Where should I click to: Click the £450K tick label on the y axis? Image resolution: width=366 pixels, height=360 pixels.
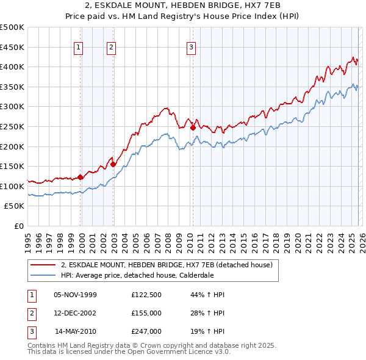[x=12, y=47]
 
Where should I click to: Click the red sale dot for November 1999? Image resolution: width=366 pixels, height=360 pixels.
[x=80, y=178]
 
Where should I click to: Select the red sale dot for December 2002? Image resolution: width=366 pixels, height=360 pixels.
[x=113, y=164]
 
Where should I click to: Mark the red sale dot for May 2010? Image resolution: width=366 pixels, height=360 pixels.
[x=193, y=128]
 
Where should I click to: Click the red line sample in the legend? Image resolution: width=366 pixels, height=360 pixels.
[x=43, y=265]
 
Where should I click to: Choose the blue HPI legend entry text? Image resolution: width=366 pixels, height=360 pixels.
[x=137, y=275]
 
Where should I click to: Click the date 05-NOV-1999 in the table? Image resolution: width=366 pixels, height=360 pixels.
[x=75, y=295]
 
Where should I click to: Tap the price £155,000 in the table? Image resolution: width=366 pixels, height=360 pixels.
[x=146, y=313]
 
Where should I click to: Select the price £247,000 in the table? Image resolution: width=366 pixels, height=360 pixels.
[x=146, y=331]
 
